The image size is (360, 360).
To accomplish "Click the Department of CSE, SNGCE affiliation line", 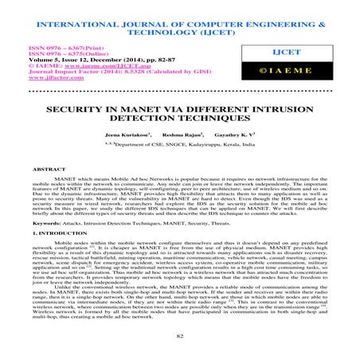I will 182,170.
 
